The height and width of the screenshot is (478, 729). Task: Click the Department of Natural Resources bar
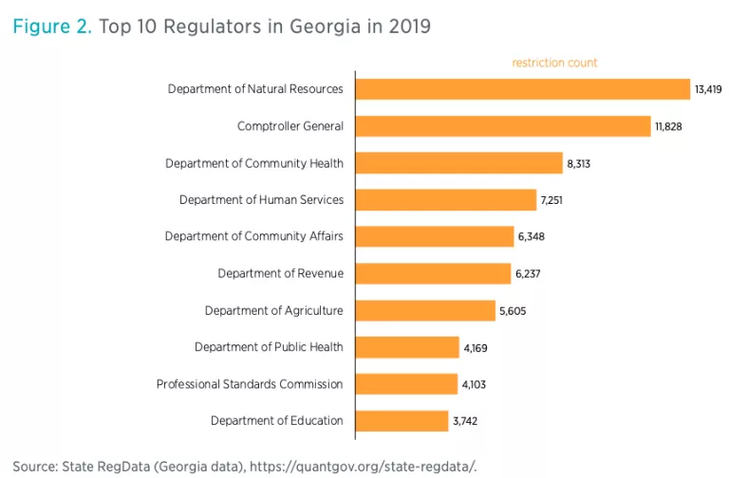click(x=522, y=89)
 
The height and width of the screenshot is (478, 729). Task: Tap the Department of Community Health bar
click(x=458, y=163)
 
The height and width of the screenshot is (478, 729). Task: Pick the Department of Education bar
click(x=402, y=421)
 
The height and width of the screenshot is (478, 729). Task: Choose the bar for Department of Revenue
click(x=433, y=274)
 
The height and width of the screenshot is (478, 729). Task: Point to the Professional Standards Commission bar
click(x=406, y=384)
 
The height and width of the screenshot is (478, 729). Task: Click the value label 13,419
click(x=708, y=90)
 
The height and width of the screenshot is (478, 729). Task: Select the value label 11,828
click(x=666, y=127)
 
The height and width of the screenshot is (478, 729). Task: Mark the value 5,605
click(x=514, y=311)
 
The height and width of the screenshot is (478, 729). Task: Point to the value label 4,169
click(x=476, y=348)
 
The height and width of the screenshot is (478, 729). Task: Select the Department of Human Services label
click(x=261, y=200)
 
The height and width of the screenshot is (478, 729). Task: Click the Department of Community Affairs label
click(x=253, y=237)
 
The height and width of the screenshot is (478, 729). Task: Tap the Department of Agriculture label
click(x=273, y=311)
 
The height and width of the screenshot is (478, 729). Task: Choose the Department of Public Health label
click(x=269, y=348)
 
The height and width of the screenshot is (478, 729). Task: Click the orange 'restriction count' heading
click(x=554, y=63)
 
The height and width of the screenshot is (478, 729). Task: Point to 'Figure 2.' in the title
click(x=51, y=27)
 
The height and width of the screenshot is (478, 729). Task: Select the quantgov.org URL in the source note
click(x=379, y=466)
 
